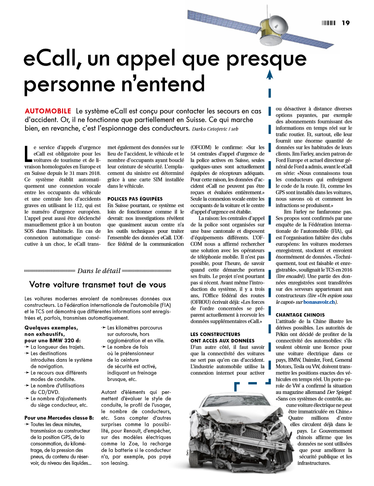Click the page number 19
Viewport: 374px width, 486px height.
[x=346, y=23]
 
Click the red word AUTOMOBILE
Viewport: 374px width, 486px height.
[x=48, y=111]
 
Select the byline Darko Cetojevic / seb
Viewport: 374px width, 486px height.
[x=215, y=129]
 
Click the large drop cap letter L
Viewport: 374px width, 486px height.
[x=28, y=153]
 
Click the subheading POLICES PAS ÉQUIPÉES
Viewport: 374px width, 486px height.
[x=135, y=199]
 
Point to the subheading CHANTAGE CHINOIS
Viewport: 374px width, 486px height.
[x=300, y=315]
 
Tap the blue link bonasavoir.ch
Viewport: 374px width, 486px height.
[x=319, y=302]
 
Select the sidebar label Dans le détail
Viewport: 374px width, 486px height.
[x=99, y=271]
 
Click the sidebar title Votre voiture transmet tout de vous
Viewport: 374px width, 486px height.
[x=98, y=285]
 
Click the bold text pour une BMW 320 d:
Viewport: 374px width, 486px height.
[x=52, y=341]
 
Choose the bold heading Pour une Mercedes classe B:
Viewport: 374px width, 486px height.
[x=59, y=418]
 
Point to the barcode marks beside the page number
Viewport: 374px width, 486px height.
[x=328, y=23]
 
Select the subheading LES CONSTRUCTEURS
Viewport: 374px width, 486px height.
[x=215, y=334]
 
